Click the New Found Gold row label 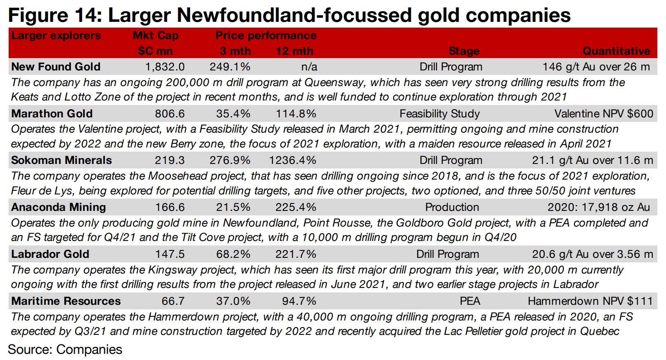coord(56,67)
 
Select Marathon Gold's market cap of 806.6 coord(170,114)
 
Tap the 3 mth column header coord(235,51)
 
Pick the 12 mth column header coord(294,51)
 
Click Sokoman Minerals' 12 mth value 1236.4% coord(293,160)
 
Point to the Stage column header coord(463,51)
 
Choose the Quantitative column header coord(616,51)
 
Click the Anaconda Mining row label coord(58,207)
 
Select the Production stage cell coord(452,207)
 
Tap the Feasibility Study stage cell coord(440,114)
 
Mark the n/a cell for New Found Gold coord(309,67)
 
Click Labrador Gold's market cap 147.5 coord(170,254)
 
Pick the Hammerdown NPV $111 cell coord(590,301)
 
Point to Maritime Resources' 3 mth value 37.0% coord(233,301)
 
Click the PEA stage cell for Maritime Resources coord(470,301)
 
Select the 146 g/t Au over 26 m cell coord(596,67)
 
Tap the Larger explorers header coord(56,35)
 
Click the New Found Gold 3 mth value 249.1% coord(230,67)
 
